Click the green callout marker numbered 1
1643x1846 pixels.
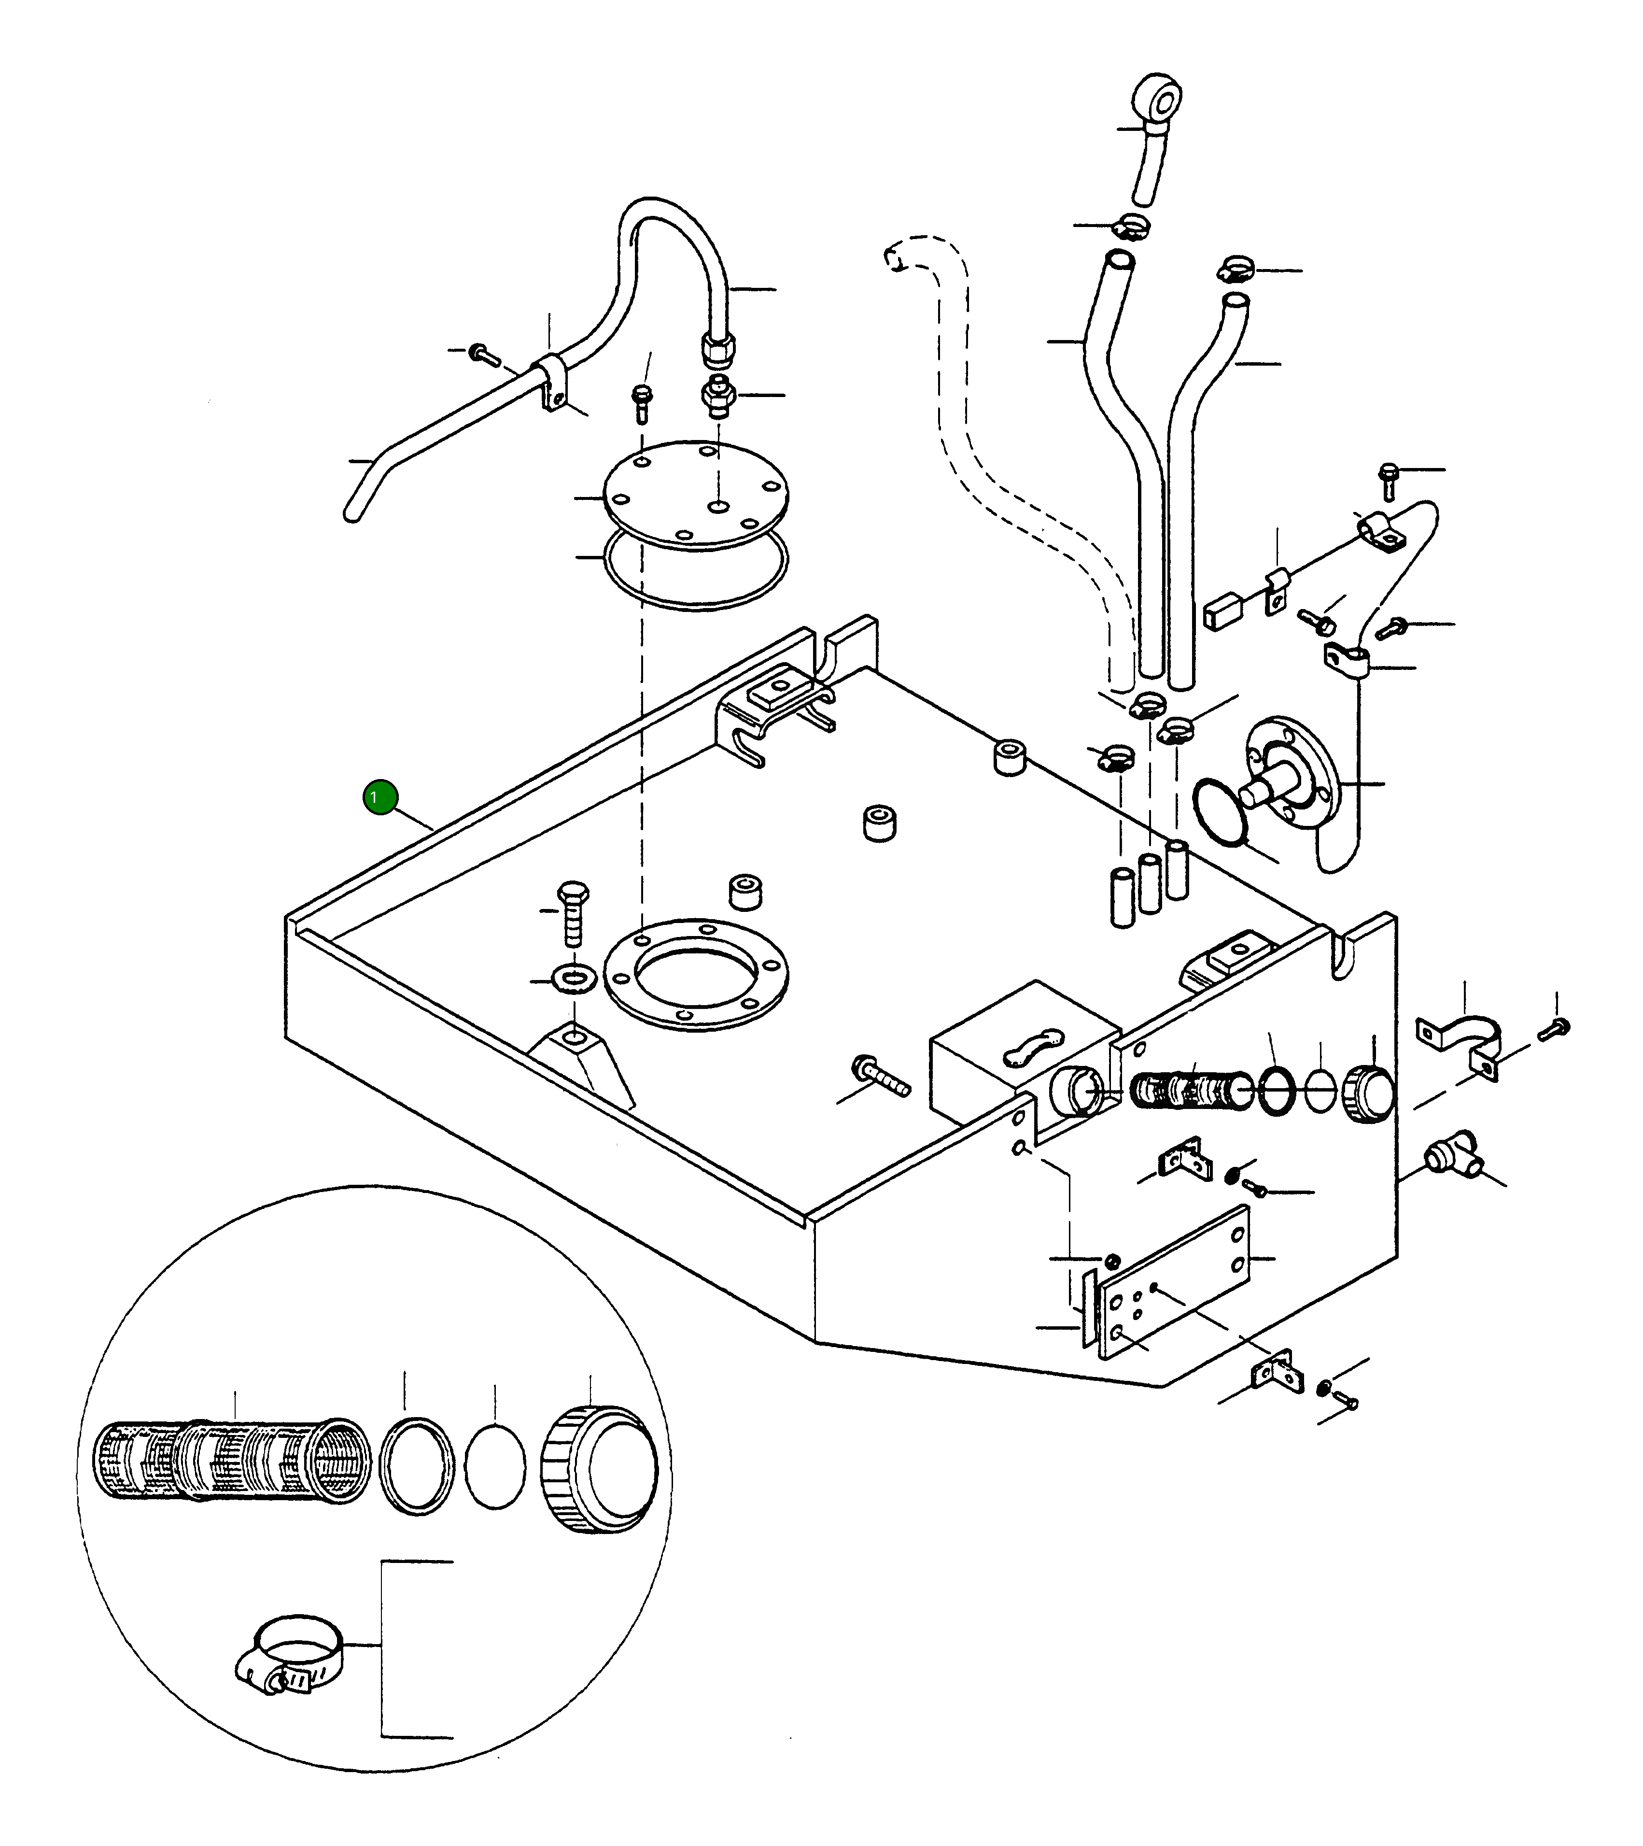coord(380,796)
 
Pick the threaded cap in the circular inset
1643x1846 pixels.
coord(600,1469)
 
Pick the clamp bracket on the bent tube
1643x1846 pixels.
coord(552,384)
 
